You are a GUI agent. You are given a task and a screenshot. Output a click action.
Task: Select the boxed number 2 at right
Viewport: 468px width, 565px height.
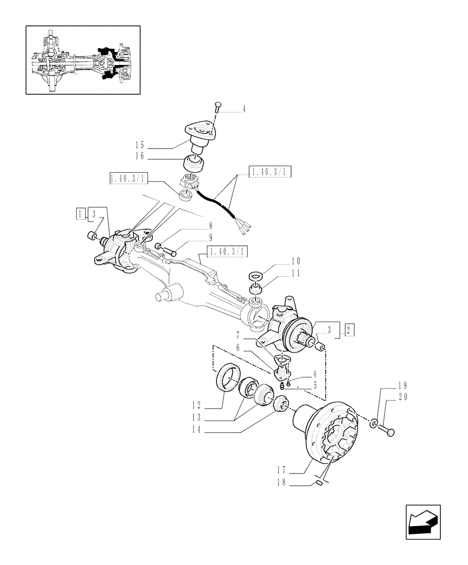[x=350, y=330]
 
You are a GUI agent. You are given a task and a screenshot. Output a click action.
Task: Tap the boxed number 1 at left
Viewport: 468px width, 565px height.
[x=82, y=213]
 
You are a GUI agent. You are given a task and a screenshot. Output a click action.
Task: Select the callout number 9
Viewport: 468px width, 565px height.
[x=195, y=238]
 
